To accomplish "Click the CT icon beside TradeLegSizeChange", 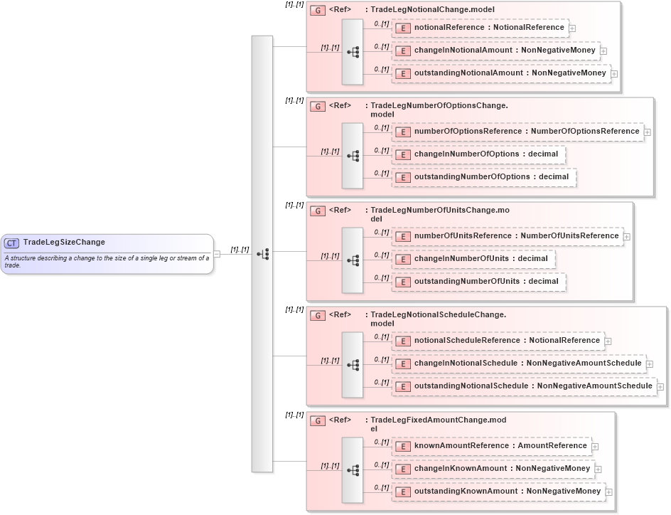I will [11, 243].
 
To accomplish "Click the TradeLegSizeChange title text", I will [64, 243].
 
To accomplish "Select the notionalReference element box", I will [481, 28].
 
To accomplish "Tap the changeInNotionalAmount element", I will [496, 51].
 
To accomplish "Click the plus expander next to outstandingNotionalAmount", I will [614, 74].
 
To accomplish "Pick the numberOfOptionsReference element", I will [518, 132].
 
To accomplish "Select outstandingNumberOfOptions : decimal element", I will [484, 177].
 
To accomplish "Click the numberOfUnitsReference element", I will [508, 236].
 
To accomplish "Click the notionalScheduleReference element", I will [498, 341].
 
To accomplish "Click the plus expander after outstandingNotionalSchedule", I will [660, 387].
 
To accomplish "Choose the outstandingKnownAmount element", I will [499, 492].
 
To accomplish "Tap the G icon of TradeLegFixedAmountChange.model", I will [318, 420].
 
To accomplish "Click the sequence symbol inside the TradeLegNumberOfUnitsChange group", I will [353, 260].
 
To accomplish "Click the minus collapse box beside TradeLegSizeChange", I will [217, 254].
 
